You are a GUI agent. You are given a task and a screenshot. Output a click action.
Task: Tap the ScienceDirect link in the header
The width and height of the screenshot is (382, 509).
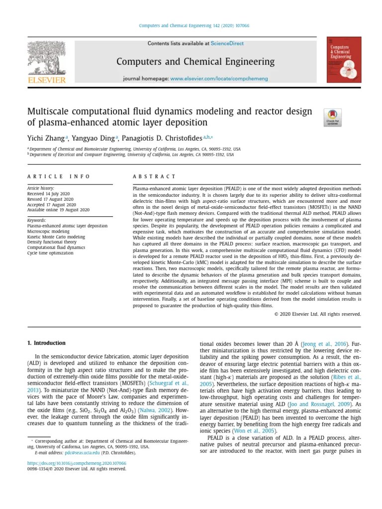pyautogui.click(x=227, y=44)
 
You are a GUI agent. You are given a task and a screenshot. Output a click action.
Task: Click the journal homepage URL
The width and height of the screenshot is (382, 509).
pyautogui.click(x=219, y=79)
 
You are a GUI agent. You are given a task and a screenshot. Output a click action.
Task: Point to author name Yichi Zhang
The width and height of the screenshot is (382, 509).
pyautogui.click(x=48, y=138)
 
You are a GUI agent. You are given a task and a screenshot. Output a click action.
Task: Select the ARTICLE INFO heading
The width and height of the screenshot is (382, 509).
pyautogui.click(x=59, y=176)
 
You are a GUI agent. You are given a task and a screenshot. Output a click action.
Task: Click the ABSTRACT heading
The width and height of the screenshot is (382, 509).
pyautogui.click(x=154, y=176)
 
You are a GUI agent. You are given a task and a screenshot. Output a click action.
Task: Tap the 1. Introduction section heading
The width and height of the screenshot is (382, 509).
pyautogui.click(x=46, y=343)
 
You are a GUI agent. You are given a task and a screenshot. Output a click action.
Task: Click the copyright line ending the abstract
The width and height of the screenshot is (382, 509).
pyautogui.click(x=317, y=314)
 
